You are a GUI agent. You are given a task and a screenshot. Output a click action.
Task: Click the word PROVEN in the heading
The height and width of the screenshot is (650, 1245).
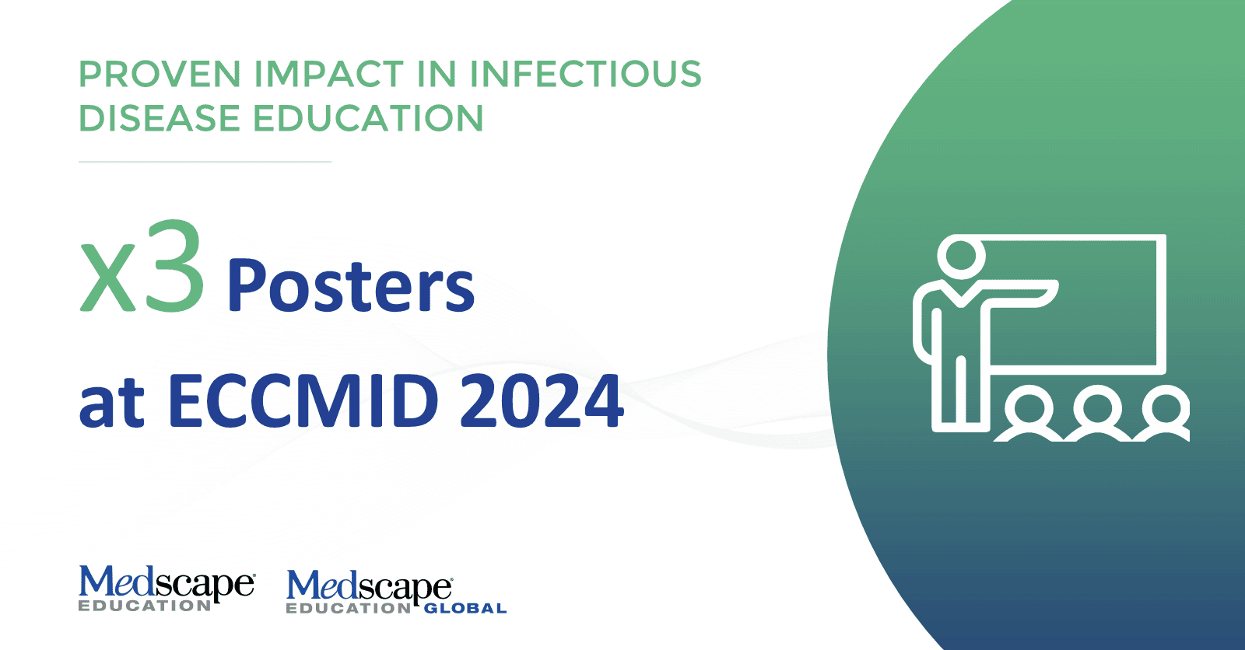160,74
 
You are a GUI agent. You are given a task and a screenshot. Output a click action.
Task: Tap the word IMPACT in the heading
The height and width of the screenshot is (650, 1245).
329,74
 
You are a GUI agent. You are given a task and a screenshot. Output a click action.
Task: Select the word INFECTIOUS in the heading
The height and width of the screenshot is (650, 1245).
586,74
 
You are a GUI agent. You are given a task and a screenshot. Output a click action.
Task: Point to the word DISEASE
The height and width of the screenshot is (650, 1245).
160,117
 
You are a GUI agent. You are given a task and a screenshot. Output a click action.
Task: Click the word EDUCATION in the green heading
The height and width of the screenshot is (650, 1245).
369,117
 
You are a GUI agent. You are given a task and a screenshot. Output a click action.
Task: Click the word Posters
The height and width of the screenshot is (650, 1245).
351,285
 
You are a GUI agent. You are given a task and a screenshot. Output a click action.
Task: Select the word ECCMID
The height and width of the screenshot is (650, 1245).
303,400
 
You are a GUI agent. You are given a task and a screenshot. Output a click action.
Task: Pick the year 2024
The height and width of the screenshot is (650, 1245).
542,400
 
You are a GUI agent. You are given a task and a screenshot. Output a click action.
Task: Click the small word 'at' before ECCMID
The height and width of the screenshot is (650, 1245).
112,404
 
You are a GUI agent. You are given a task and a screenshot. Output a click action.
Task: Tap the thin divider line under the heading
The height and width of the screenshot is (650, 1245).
205,162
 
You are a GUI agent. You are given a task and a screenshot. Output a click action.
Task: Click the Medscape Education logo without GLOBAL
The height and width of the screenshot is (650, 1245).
167,589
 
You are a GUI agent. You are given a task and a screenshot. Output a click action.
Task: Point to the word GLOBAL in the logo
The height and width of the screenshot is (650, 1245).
466,608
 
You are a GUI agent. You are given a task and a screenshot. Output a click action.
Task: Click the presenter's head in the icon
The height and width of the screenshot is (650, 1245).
961,256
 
